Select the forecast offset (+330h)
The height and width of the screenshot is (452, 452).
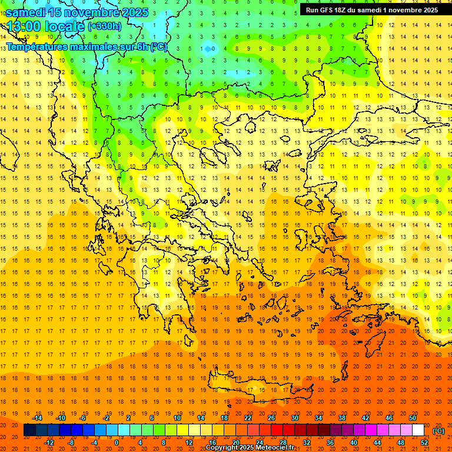tap(104, 26)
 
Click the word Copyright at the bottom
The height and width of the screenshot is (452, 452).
tap(222, 448)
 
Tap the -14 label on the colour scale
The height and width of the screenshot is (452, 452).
tap(37, 418)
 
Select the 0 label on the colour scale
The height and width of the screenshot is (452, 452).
tap(116, 443)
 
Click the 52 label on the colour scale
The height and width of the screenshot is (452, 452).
tap(424, 443)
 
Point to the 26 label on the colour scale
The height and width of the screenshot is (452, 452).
tap(271, 418)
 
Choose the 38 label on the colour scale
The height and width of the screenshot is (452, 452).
tap(341, 418)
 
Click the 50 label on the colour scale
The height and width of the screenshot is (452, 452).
tap(413, 418)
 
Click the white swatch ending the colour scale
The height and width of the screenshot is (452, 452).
tap(418, 430)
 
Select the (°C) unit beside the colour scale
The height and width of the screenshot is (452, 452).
tap(438, 431)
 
